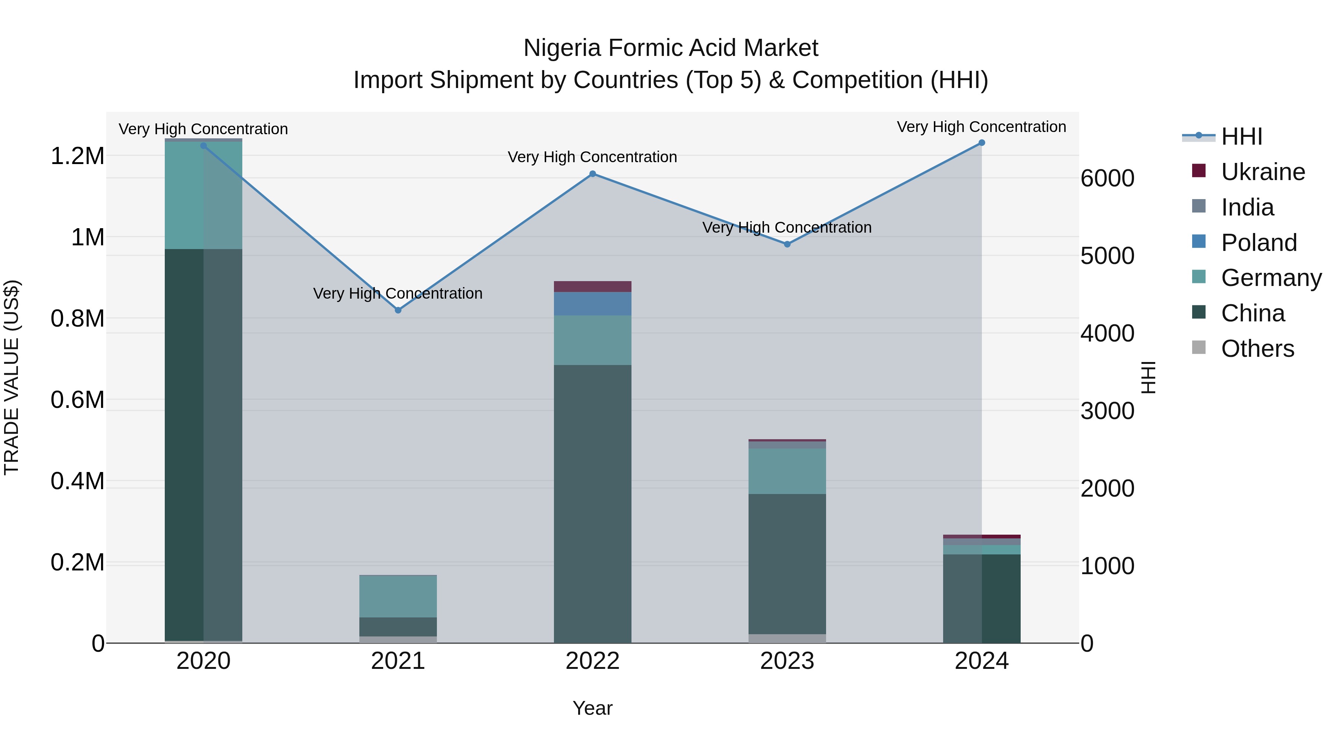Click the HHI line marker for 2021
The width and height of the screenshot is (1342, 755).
(398, 310)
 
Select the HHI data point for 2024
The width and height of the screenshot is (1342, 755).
(982, 143)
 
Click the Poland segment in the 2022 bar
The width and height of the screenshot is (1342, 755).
(592, 304)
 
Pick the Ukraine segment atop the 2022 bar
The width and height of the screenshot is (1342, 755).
(592, 287)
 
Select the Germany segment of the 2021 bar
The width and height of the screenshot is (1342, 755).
(398, 596)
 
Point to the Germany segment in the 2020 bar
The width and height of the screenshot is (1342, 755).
(203, 195)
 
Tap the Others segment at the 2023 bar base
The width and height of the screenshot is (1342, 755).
(787, 638)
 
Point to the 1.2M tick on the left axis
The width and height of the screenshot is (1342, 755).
(77, 156)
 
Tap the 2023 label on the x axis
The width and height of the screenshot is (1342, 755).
(787, 661)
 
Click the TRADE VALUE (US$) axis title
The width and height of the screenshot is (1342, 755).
(12, 377)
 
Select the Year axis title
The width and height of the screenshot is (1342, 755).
(592, 708)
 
